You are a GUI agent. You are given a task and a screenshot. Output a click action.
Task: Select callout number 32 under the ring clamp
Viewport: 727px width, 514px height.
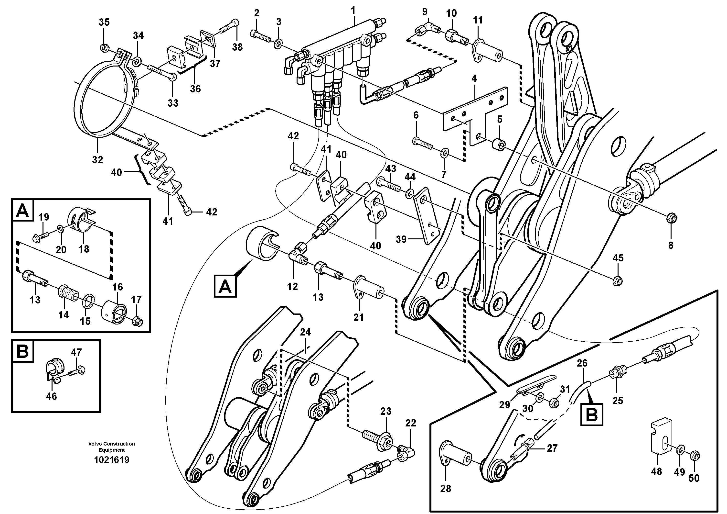[x=97, y=160]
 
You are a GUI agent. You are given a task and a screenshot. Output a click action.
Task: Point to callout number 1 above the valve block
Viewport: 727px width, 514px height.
[x=353, y=11]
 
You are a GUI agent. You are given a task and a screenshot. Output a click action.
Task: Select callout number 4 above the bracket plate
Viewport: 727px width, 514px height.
[x=474, y=78]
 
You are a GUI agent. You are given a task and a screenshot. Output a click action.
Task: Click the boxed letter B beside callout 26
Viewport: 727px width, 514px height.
[x=591, y=415]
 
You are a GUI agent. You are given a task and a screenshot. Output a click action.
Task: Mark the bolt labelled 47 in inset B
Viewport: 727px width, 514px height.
[x=78, y=370]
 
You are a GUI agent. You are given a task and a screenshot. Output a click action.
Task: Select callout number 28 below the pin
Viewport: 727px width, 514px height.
[x=446, y=489]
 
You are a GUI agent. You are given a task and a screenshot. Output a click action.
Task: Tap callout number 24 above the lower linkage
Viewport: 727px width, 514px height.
[x=305, y=332]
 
